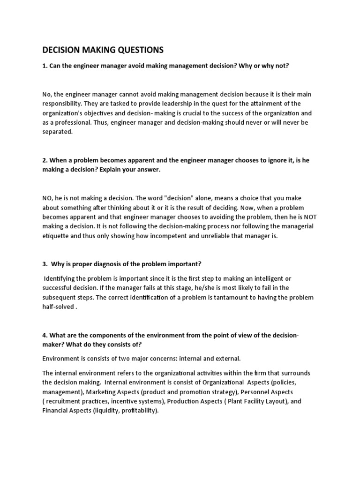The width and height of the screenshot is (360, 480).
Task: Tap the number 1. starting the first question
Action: pyautogui.click(x=45, y=66)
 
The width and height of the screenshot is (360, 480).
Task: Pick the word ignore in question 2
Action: pyautogui.click(x=265, y=160)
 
